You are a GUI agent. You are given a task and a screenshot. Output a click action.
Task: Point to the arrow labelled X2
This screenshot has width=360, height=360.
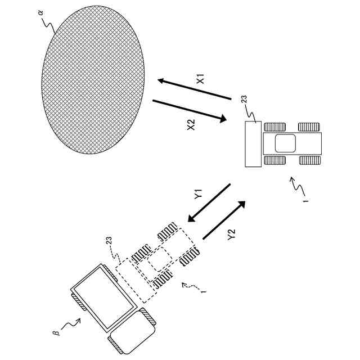click(189, 111)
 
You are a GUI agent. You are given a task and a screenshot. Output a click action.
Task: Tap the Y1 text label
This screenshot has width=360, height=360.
click(198, 195)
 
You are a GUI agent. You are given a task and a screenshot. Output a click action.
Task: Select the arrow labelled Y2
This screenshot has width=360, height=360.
click(224, 220)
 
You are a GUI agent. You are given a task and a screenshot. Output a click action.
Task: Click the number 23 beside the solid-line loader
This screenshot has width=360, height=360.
click(244, 101)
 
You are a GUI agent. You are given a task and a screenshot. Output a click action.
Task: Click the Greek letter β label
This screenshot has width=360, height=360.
click(56, 333)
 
